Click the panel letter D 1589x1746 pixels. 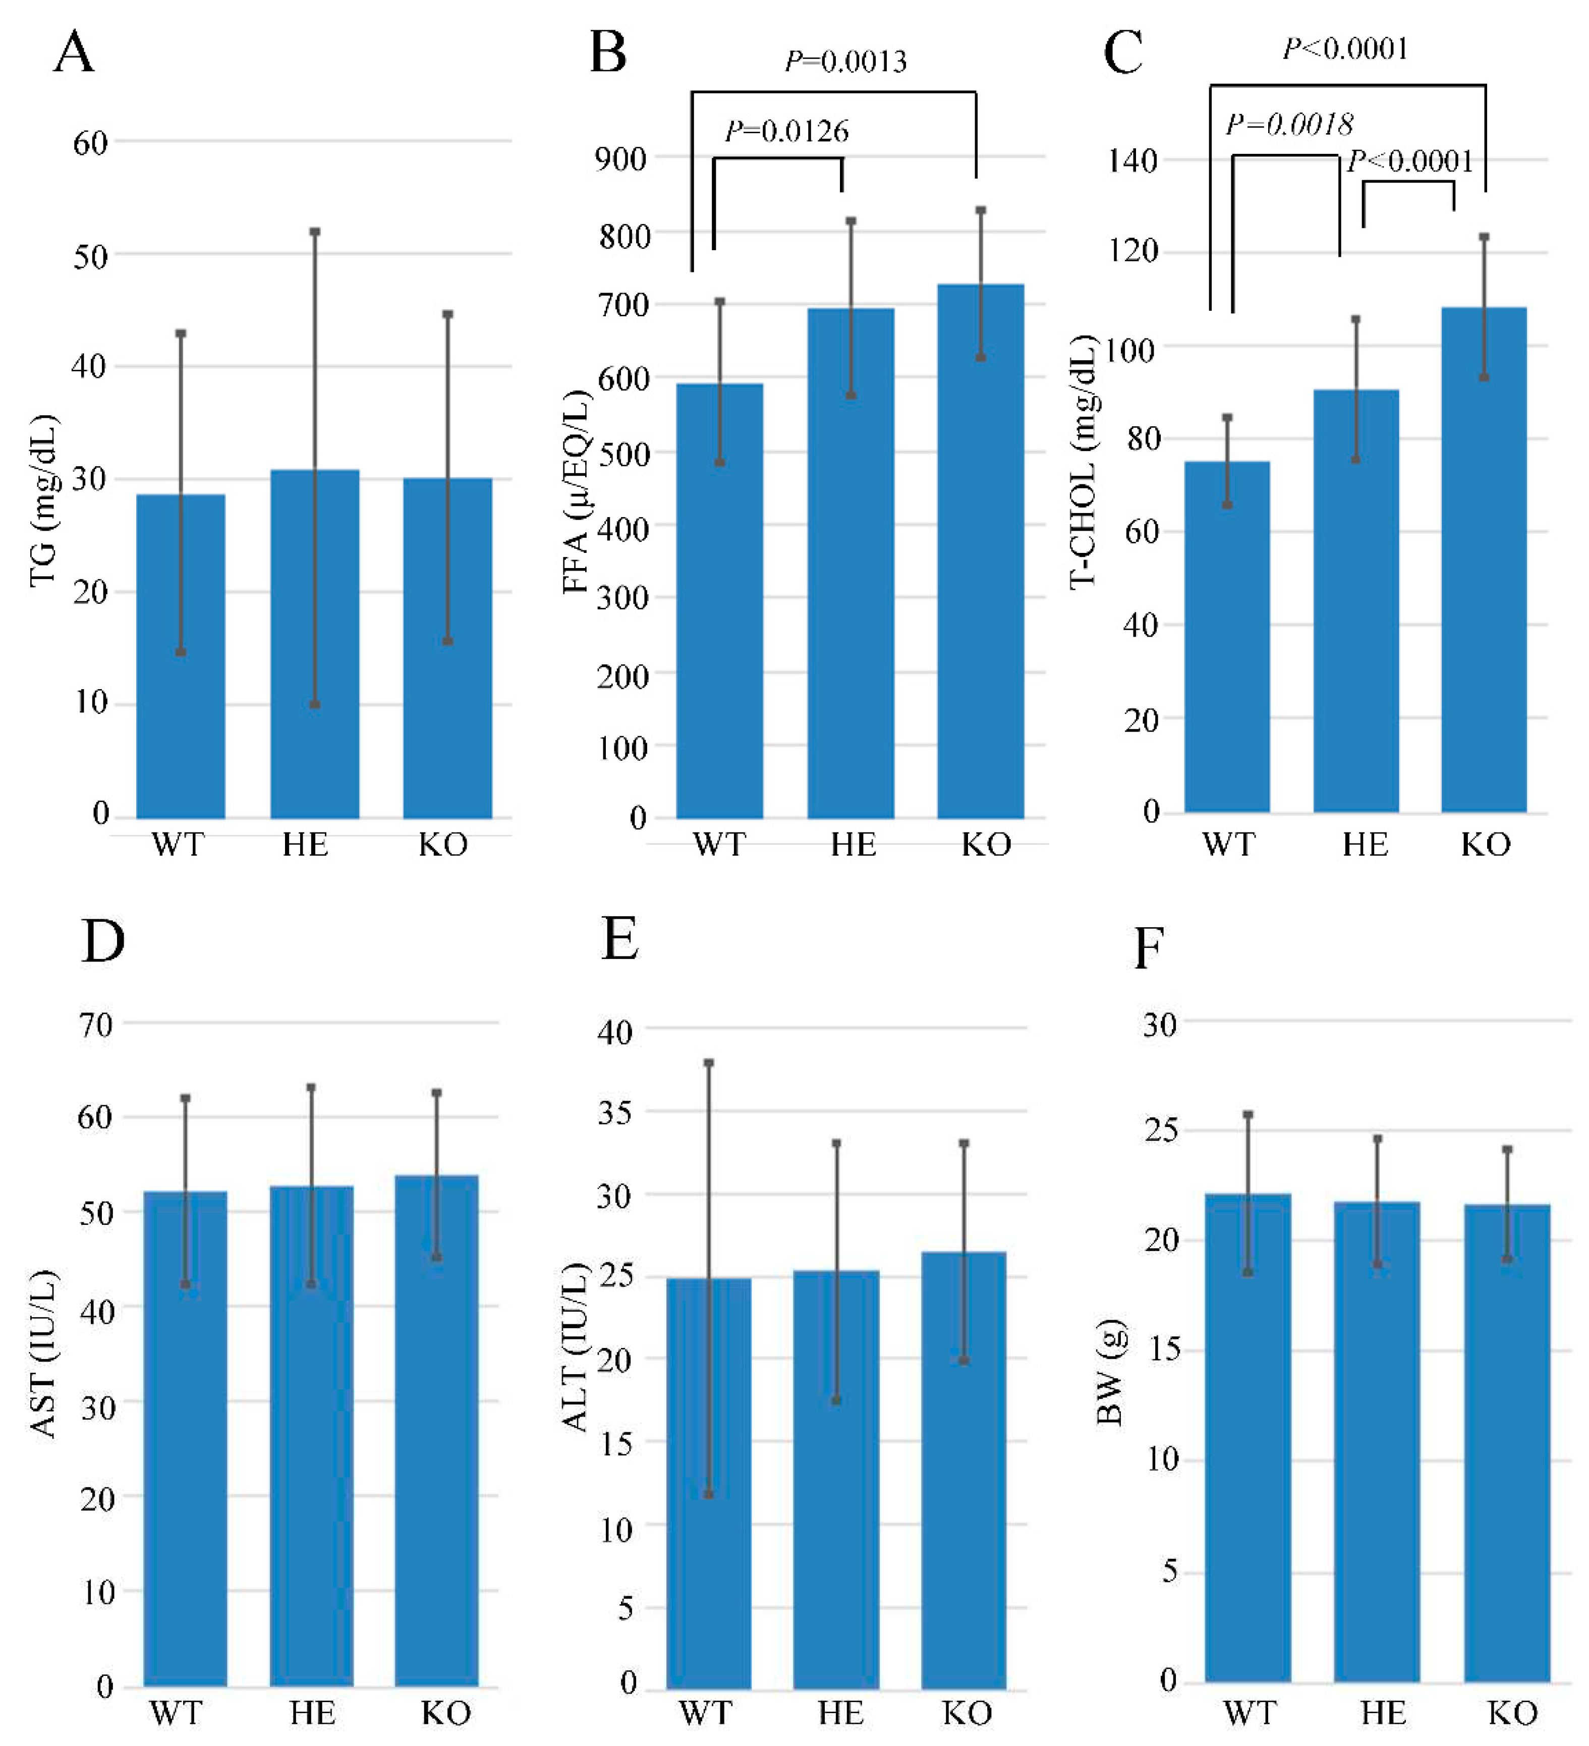click(x=102, y=941)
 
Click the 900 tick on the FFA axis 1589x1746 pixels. click(x=620, y=159)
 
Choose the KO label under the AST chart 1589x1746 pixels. click(x=446, y=1713)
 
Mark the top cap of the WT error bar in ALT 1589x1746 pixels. click(x=708, y=1062)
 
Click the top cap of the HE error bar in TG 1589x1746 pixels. click(x=314, y=232)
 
